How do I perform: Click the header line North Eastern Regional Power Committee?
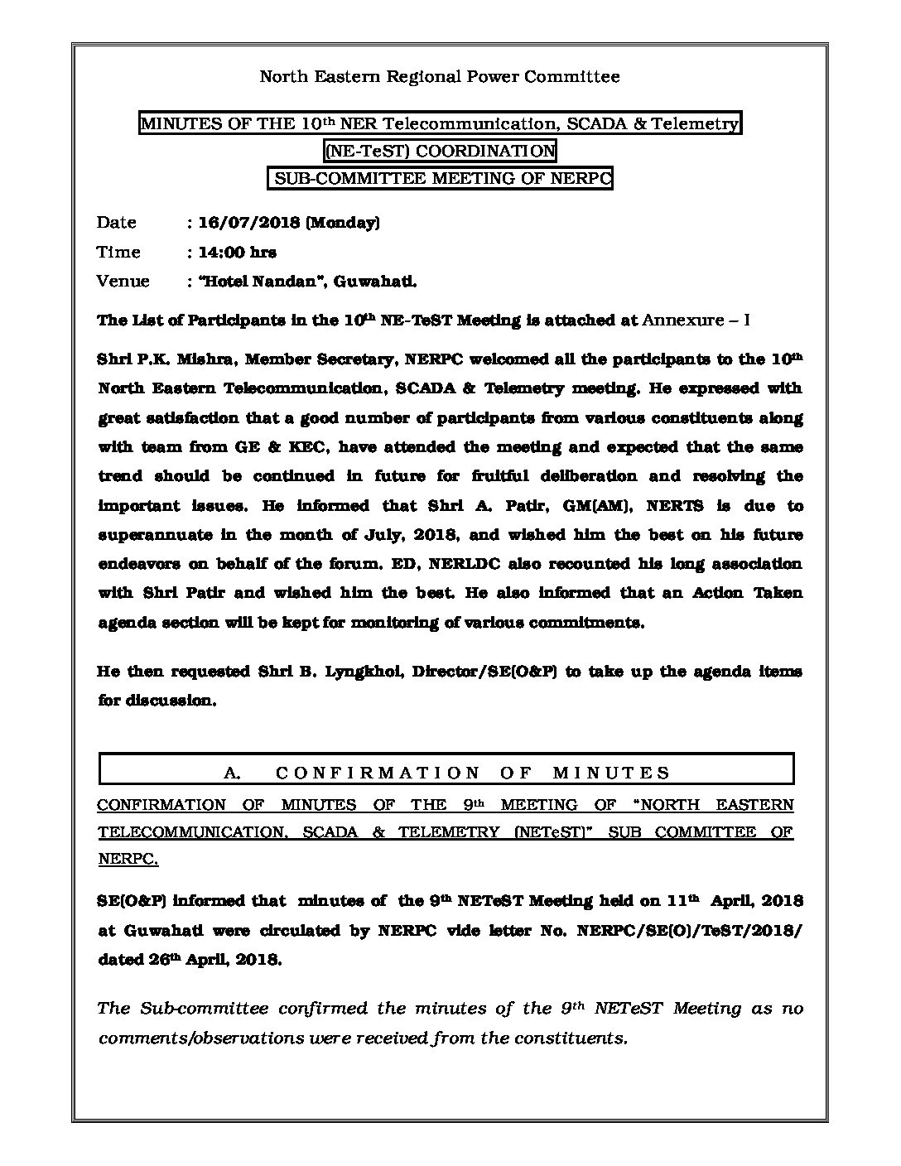click(x=440, y=77)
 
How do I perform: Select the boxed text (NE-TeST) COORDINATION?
click(x=440, y=151)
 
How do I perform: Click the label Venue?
click(x=123, y=281)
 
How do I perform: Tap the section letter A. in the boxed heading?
click(x=232, y=773)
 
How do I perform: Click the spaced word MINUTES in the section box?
click(x=610, y=773)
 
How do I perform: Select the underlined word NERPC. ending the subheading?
click(x=128, y=860)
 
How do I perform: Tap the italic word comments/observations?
click(x=188, y=1038)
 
